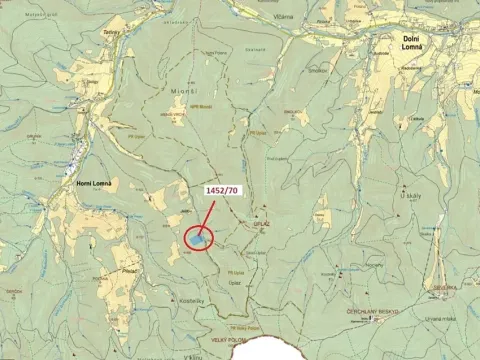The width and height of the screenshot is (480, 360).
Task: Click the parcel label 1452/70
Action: point(222,190)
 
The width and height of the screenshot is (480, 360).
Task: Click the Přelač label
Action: point(129,269)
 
